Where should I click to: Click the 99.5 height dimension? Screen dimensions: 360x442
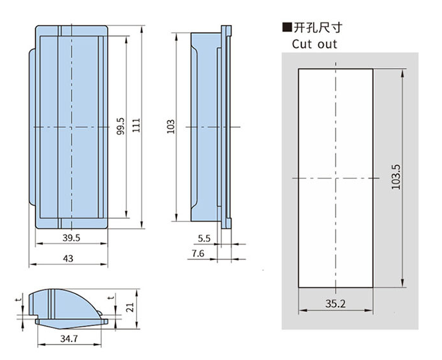(120, 127)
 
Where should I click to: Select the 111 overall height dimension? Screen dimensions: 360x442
(135, 127)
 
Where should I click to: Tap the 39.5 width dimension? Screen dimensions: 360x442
(71, 238)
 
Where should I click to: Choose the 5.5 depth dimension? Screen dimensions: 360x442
(204, 238)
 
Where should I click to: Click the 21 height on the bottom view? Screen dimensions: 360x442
(130, 307)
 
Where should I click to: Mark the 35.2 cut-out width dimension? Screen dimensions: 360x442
(335, 304)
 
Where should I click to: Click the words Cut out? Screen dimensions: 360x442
(314, 44)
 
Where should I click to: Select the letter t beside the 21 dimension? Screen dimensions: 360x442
(112, 298)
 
